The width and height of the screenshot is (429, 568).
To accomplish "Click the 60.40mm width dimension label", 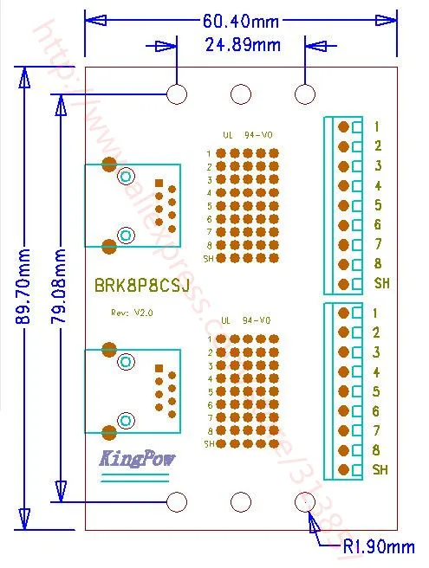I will coord(240,18).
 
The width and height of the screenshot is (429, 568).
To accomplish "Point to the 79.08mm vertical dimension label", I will coord(60,287).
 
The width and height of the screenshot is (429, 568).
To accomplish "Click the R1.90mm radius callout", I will coord(378,546).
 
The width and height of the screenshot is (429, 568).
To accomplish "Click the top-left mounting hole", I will coord(178,94).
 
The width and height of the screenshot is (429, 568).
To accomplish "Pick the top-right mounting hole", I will coord(305,94).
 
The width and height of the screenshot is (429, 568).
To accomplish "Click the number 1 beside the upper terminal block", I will coord(378,126).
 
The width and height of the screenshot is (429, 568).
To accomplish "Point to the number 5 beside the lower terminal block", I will coord(377,391).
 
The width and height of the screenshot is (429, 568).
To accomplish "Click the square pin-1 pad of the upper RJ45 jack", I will coord(159,183).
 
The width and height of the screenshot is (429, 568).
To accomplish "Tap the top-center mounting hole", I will coord(241,94).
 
